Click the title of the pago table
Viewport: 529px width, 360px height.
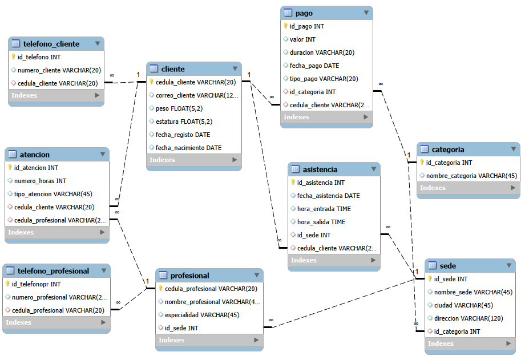304,13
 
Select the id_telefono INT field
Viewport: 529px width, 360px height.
39,57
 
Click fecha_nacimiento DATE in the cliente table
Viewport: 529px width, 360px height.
188,148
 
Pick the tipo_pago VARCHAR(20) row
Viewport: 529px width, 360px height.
324,79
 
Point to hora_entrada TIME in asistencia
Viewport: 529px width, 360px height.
324,209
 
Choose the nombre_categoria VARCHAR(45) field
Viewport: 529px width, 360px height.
471,176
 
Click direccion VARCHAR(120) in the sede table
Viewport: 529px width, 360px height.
469,318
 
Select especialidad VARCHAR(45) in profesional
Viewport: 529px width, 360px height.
202,315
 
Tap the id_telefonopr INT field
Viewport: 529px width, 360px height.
36,284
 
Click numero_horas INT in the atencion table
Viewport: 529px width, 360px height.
40,181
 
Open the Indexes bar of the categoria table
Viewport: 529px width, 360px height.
469,188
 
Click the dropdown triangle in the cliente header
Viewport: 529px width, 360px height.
235,68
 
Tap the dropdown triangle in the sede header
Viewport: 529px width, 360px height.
509,265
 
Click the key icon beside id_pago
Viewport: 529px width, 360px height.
285,26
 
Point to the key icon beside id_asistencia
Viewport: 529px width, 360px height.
293,182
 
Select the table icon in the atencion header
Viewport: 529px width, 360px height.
12,154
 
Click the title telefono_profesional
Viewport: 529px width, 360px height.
53,271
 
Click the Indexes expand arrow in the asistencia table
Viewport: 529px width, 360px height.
373,260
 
